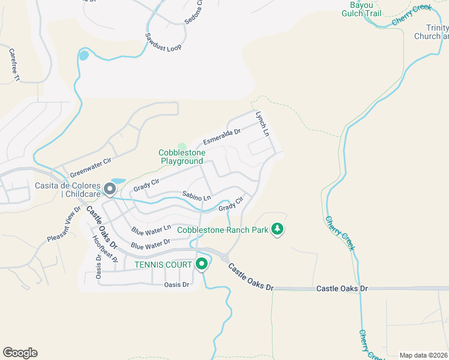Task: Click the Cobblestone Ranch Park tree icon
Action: coord(277,229)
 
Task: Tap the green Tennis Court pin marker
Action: coord(202,263)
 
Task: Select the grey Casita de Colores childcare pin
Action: coord(110,189)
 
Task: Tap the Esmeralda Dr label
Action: coord(221,137)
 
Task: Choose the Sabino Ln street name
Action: coord(197,196)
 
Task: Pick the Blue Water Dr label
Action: coord(150,245)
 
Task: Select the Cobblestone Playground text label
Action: coord(181,157)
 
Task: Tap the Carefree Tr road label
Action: coord(14,65)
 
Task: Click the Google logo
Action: coord(20,353)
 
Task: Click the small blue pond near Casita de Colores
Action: coord(118,181)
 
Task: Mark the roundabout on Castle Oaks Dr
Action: coord(224,258)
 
